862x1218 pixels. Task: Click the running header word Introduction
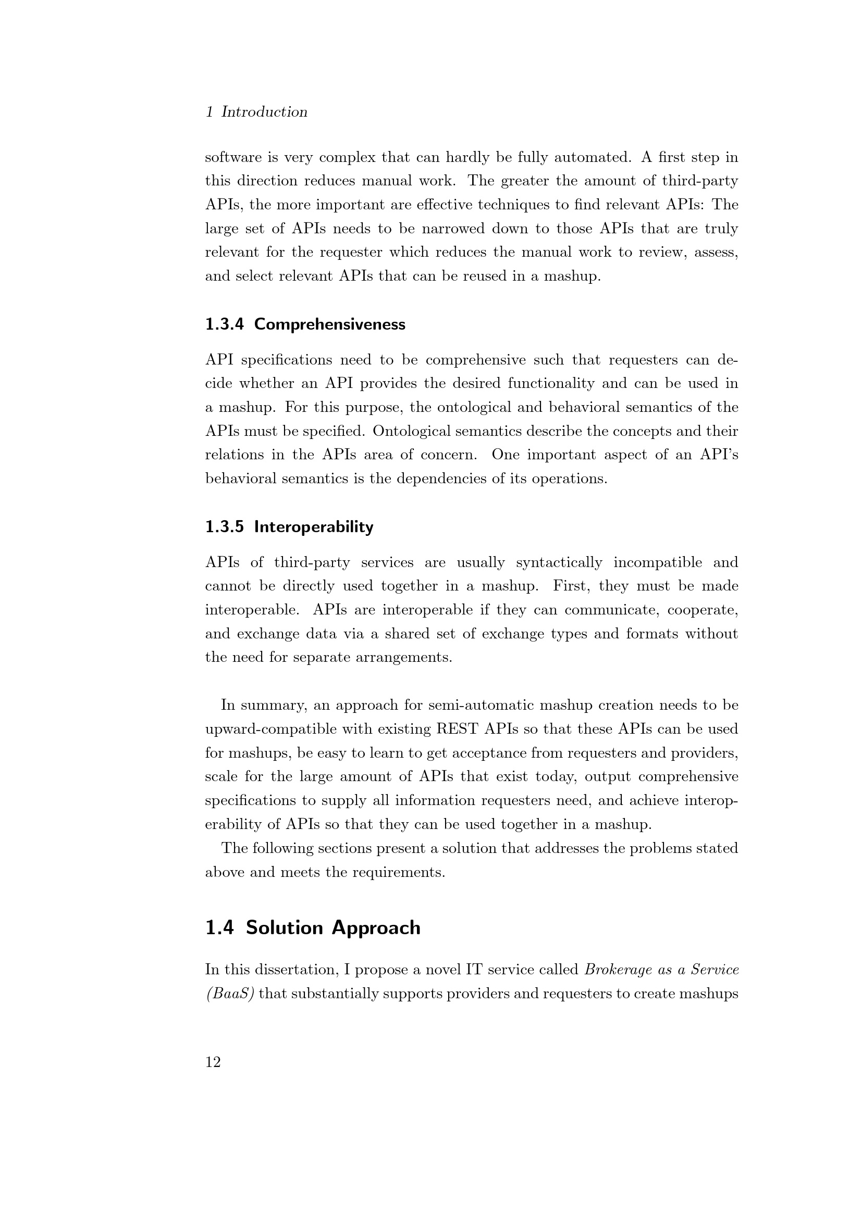(264, 112)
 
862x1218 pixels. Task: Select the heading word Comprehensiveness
(329, 324)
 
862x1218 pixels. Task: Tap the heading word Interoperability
(314, 527)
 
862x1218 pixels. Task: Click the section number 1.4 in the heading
(220, 927)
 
